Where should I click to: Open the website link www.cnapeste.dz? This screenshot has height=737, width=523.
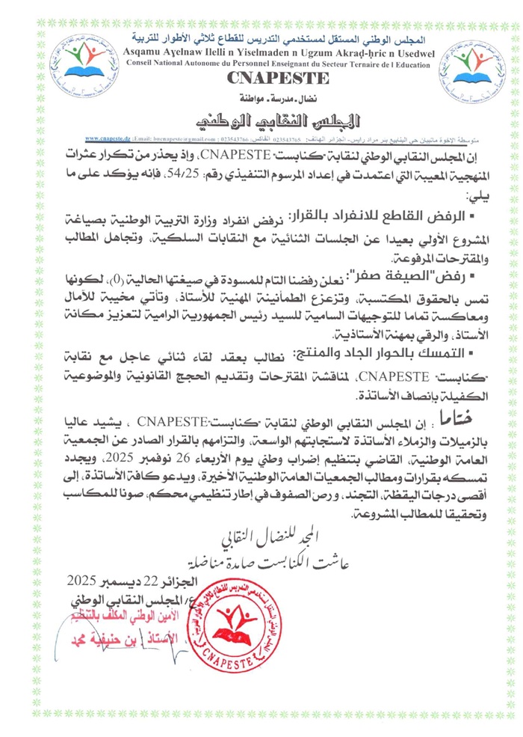pyautogui.click(x=108, y=139)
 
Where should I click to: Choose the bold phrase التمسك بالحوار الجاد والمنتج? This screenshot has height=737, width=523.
pyautogui.click(x=368, y=353)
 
